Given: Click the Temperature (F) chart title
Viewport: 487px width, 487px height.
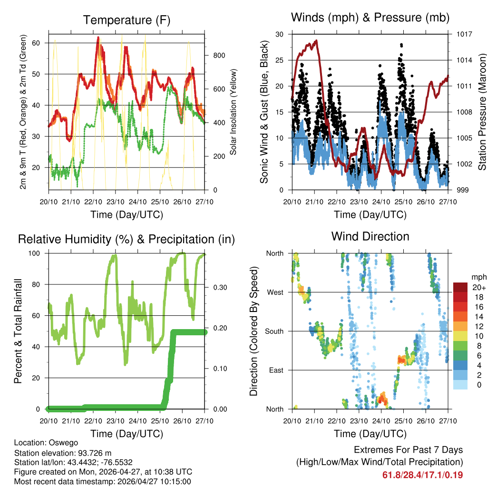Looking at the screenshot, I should click(127, 20).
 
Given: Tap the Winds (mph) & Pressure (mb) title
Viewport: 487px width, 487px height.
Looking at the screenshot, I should click(370, 18).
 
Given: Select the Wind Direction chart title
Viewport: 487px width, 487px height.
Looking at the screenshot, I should click(370, 236).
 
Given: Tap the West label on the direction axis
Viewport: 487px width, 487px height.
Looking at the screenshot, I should click(275, 292).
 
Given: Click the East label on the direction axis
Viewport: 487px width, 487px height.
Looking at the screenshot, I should click(276, 370).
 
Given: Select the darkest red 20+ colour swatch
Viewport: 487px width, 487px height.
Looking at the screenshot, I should click(460, 287).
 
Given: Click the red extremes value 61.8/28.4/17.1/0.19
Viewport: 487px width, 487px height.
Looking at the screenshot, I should click(422, 475).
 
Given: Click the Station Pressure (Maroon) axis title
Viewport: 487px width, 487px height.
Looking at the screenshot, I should click(482, 112).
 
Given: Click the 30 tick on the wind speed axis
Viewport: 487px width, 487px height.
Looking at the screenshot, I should click(280, 34).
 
